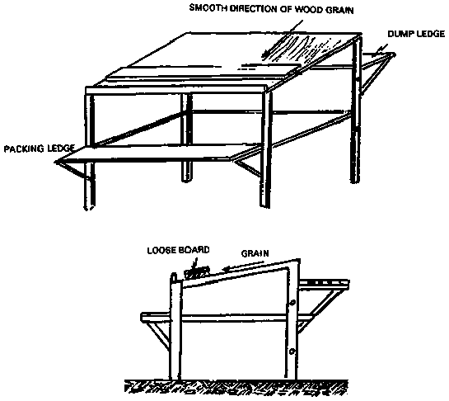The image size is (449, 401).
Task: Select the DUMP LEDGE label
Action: point(416,34)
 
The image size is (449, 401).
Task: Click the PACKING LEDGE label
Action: point(40,149)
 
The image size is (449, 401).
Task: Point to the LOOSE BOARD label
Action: point(178,250)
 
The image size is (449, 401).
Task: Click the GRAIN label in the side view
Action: point(255,253)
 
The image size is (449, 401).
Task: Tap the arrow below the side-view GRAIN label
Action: point(244,266)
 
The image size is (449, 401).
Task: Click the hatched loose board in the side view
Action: point(197,272)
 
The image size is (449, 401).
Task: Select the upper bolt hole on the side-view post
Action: point(292,303)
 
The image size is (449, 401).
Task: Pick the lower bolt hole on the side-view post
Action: point(292,351)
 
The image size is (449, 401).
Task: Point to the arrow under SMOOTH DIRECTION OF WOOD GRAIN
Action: point(282,39)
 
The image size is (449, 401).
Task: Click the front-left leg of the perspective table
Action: point(89,152)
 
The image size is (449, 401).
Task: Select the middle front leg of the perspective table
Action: point(186,138)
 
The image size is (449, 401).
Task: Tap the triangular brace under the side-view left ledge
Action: point(158,333)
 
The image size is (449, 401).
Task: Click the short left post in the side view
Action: point(175,327)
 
